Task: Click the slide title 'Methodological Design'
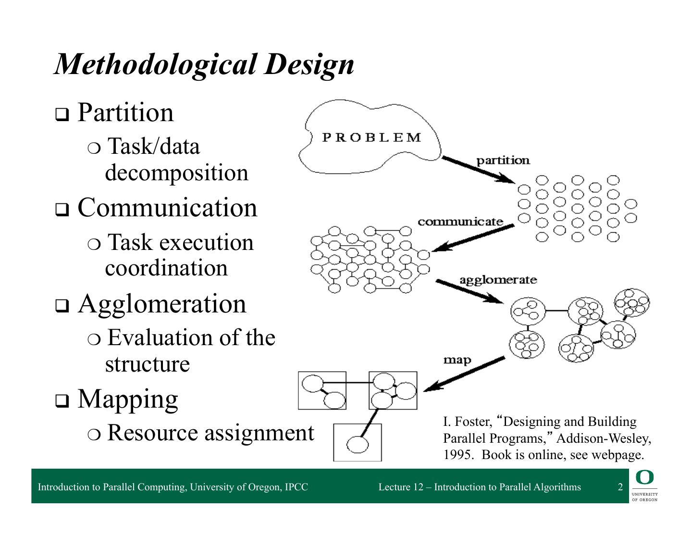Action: click(204, 64)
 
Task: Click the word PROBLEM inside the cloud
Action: click(371, 137)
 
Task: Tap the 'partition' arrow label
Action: click(503, 160)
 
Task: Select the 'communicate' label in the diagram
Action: click(460, 222)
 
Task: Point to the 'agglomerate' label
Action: click(498, 280)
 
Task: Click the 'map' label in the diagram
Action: click(457, 360)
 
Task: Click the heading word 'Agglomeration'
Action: click(162, 304)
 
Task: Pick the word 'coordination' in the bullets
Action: click(166, 268)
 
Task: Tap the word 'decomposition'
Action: click(176, 173)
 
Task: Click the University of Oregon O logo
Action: click(644, 478)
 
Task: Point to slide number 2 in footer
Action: click(620, 487)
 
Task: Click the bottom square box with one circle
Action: click(357, 443)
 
